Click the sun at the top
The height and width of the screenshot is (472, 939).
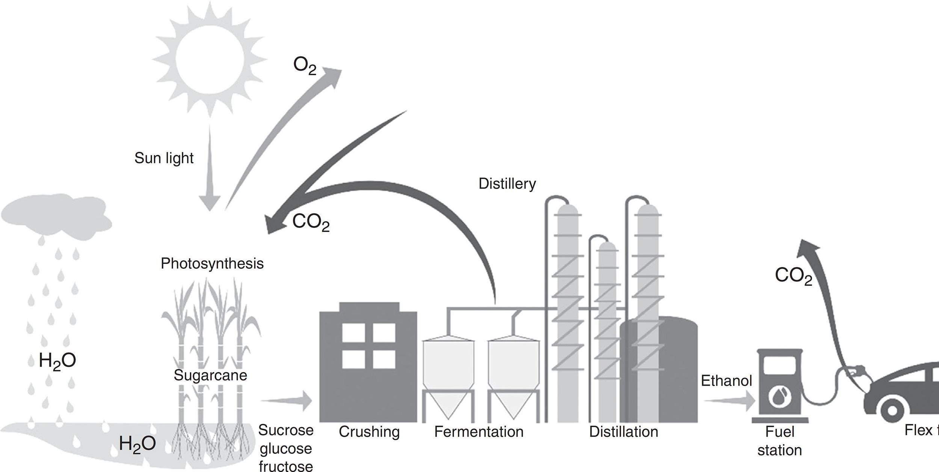point(210,60)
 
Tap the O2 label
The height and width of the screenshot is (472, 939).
point(305,67)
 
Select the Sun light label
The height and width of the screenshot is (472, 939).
point(164,158)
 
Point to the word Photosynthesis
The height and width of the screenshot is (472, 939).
point(212,263)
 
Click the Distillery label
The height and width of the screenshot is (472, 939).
point(507,184)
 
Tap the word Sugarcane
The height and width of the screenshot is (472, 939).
point(210,375)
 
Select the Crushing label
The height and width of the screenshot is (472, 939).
point(369,432)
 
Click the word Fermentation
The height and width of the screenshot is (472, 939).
point(479,432)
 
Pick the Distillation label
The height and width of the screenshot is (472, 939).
point(623,432)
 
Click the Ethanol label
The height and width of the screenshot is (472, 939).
point(726,381)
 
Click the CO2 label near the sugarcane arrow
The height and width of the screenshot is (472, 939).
point(311,222)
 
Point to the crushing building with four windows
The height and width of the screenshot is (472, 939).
point(368,361)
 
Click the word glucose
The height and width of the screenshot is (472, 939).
point(285,448)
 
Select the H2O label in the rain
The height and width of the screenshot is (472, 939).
point(57,361)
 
